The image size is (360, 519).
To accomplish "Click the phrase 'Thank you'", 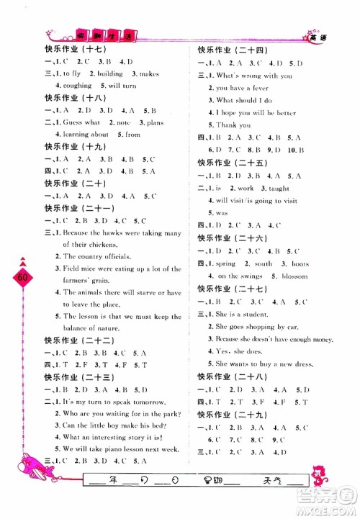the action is [x=233, y=125].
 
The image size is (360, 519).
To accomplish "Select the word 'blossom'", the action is [x=294, y=276].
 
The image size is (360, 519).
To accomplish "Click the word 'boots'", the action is [x=300, y=264].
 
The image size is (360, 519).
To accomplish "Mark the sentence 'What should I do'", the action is [x=244, y=100].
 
